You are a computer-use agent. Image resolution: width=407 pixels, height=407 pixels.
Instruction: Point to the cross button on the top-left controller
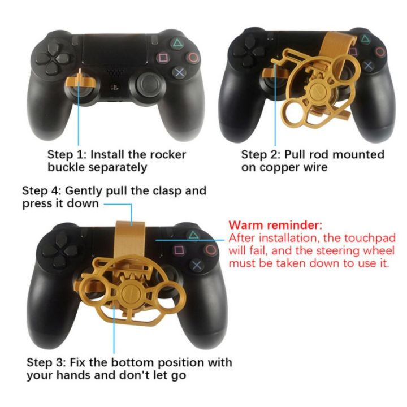(x=179, y=72)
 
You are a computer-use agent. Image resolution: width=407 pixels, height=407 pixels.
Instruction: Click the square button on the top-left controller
(x=164, y=58)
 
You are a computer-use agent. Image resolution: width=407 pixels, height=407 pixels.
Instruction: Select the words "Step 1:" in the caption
(x=67, y=154)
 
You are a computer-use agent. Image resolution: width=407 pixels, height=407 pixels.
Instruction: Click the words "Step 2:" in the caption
(x=261, y=154)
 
